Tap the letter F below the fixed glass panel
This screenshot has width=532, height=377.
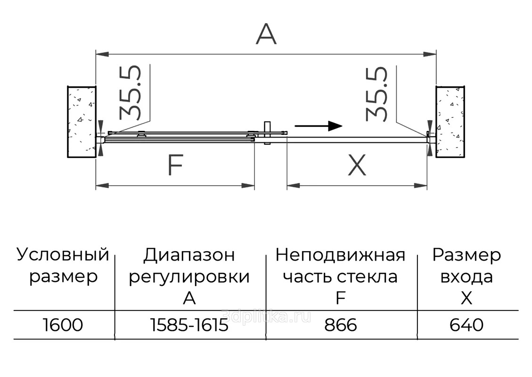175,165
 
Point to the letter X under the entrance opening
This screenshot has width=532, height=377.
357,166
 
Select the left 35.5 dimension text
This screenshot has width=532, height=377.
131,92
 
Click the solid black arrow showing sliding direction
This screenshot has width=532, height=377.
319,126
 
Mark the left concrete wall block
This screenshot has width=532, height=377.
82,122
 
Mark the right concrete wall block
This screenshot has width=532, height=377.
450,122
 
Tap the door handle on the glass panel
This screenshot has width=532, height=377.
267,133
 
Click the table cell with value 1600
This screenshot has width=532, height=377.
63,325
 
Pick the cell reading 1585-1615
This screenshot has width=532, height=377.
189,325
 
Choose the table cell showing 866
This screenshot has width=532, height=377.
341,325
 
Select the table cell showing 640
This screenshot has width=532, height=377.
467,325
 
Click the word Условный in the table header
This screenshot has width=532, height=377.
63,255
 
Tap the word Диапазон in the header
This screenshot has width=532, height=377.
189,255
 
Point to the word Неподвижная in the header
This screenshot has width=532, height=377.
340,255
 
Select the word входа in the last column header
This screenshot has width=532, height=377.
467,277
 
